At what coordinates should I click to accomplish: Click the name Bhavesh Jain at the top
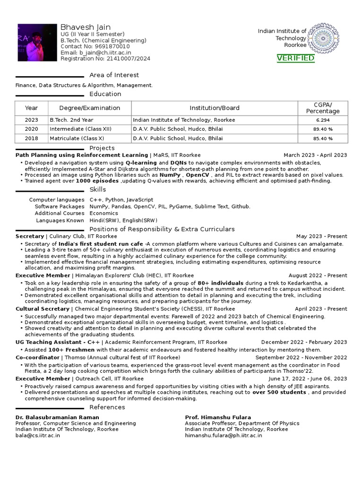click(85, 27)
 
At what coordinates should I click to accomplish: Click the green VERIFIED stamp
click(295, 58)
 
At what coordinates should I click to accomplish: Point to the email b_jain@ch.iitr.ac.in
click(96, 53)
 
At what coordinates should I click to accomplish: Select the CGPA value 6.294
click(323, 120)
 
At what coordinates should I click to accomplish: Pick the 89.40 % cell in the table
click(323, 129)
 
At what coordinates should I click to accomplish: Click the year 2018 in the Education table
click(32, 138)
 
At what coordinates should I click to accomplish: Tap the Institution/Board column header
click(215, 108)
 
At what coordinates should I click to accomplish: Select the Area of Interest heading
click(114, 75)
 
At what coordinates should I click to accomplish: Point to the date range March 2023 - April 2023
click(315, 155)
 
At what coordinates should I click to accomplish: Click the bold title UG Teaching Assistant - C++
click(58, 342)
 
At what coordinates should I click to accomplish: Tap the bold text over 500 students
click(279, 392)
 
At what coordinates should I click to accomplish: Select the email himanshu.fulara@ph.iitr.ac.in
click(224, 435)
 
